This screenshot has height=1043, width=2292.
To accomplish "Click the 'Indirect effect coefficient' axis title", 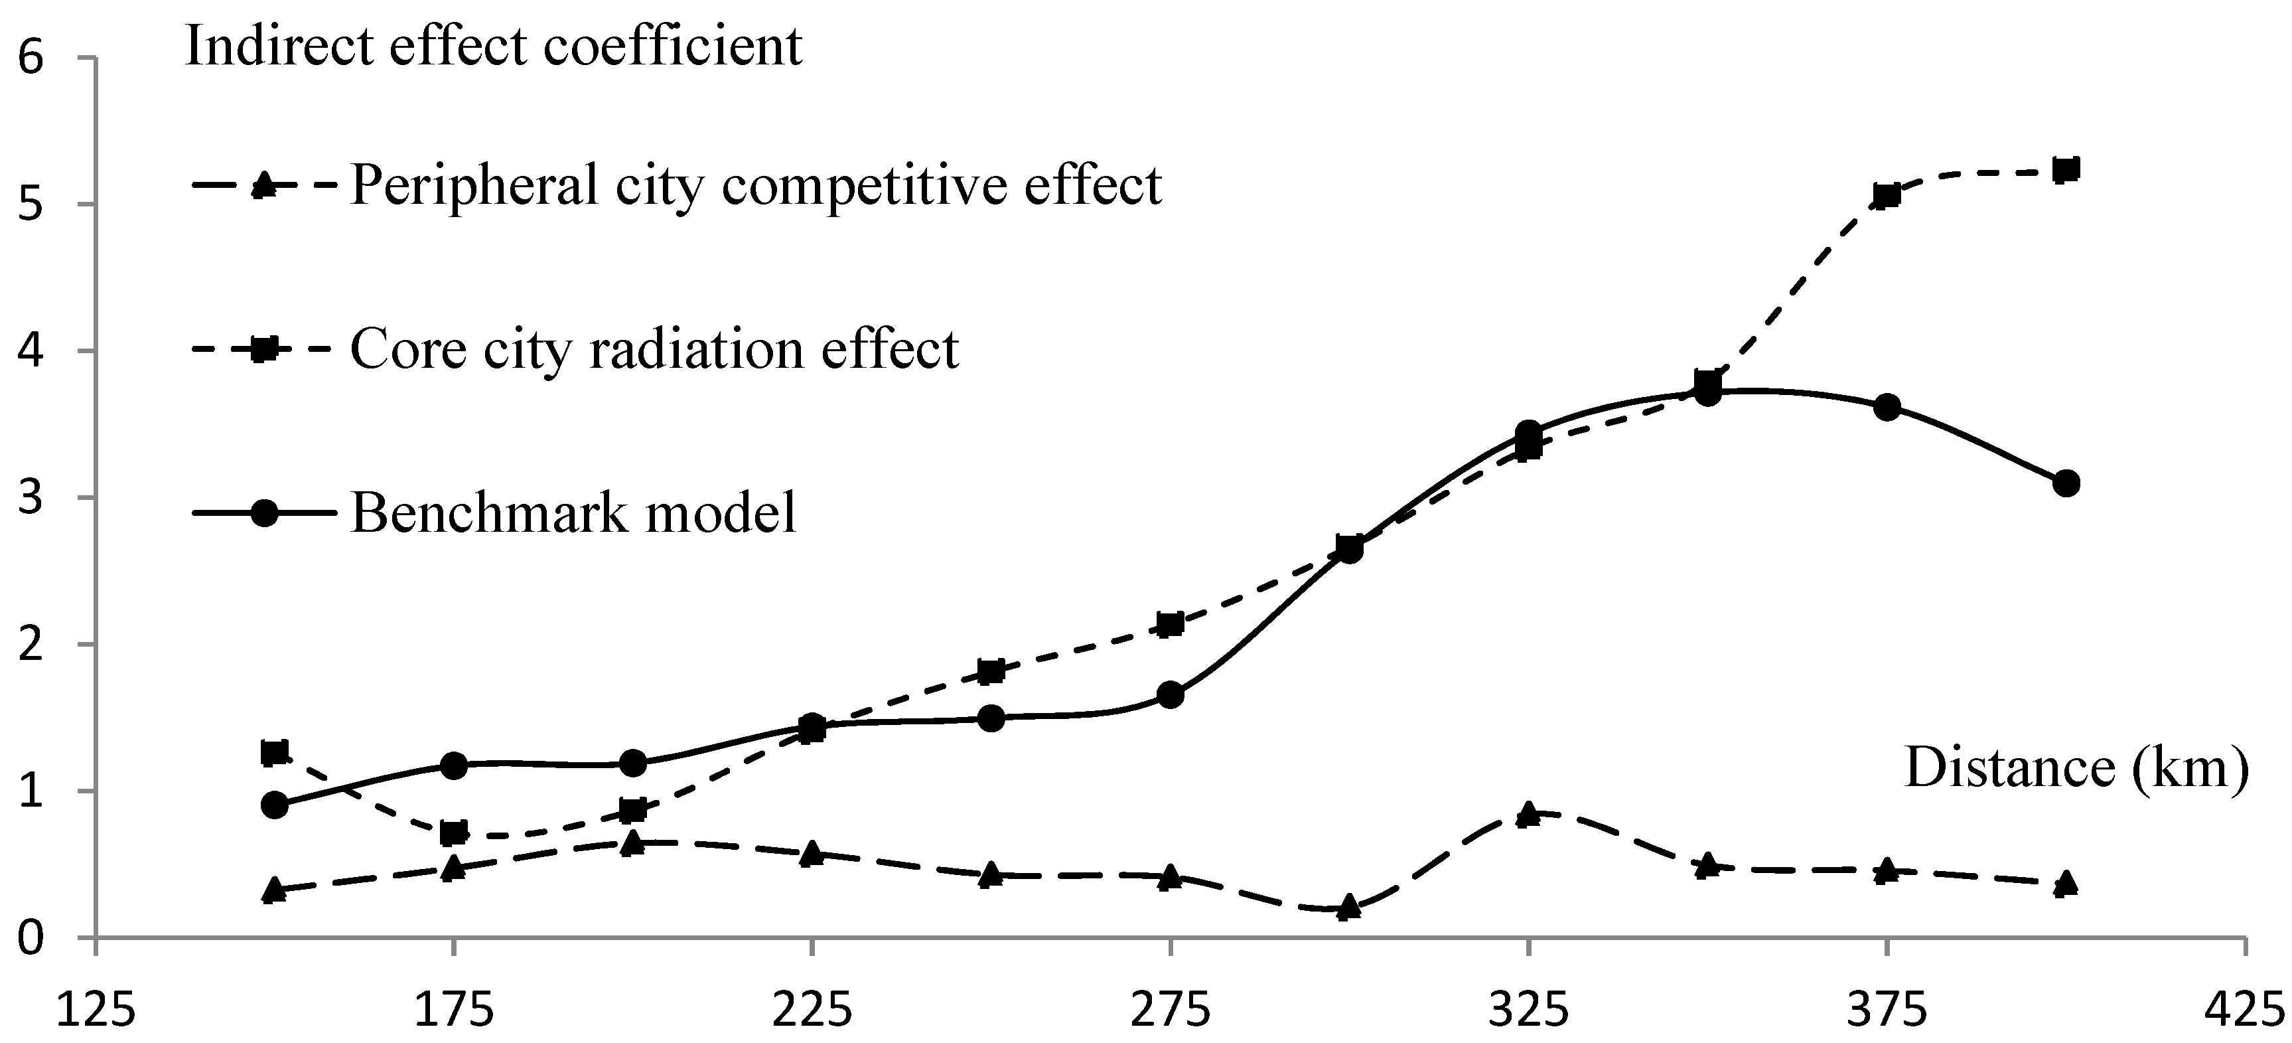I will click(494, 46).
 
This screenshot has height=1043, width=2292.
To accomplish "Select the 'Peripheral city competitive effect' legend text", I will click(755, 185).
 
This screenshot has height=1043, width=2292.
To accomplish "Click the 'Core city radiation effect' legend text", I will click(654, 349).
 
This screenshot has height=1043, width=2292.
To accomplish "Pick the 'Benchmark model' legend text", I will click(574, 513).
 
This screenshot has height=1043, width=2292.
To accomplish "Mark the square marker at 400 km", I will click(2066, 169).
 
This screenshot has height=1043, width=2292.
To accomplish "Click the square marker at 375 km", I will click(1887, 195).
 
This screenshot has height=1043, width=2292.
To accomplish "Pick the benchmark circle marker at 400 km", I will click(2066, 483).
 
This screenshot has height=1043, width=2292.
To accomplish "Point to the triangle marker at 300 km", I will click(1350, 907).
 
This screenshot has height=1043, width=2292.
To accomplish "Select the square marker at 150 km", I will click(275, 753).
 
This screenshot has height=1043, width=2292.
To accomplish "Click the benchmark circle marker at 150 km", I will click(275, 805).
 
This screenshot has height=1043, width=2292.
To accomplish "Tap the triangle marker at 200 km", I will click(632, 842).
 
